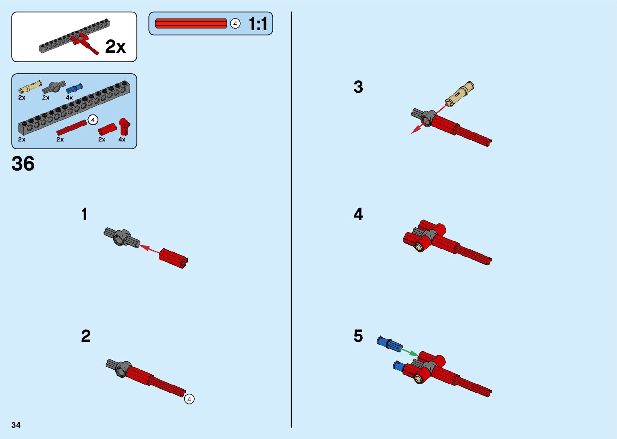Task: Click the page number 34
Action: click(x=16, y=425)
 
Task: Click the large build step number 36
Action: click(x=23, y=164)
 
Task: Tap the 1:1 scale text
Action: click(x=258, y=24)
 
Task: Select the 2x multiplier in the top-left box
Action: click(x=115, y=47)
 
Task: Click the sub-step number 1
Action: click(x=84, y=214)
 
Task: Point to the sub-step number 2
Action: click(x=86, y=336)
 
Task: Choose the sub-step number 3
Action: click(x=358, y=87)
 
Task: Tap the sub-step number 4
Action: click(x=358, y=214)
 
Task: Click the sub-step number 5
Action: click(x=358, y=336)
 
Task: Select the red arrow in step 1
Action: click(x=149, y=249)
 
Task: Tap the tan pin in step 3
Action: click(x=460, y=94)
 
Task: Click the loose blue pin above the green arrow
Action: click(x=389, y=343)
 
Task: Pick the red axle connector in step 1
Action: click(x=173, y=258)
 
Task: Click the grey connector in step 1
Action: click(x=122, y=238)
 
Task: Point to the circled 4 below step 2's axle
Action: click(x=189, y=399)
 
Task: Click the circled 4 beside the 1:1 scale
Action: click(x=235, y=24)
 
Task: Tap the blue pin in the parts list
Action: click(x=74, y=88)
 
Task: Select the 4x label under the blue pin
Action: click(x=69, y=98)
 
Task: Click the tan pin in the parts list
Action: click(x=30, y=86)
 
